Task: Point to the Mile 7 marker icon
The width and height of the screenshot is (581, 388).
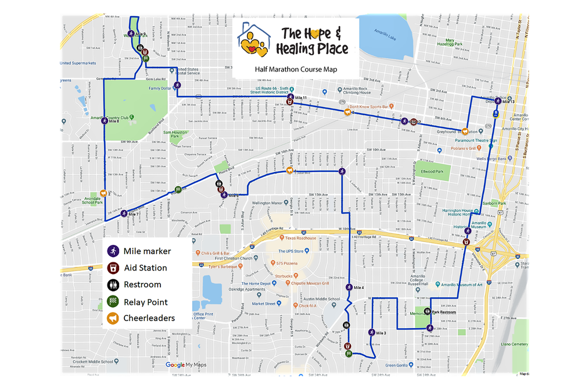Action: tap(124, 213)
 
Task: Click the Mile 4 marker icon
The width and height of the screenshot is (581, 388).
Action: tap(349, 287)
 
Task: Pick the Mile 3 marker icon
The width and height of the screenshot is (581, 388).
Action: tap(371, 332)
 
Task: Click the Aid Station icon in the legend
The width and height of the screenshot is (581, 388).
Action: tap(113, 268)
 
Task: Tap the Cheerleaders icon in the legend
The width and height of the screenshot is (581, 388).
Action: tap(113, 318)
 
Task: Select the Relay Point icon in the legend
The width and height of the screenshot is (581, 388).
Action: tap(113, 302)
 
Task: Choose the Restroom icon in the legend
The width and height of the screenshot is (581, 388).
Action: tap(113, 285)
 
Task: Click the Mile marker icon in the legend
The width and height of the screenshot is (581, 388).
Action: tap(113, 251)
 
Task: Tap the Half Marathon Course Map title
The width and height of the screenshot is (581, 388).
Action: tap(296, 69)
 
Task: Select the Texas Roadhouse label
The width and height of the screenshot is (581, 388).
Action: tap(300, 238)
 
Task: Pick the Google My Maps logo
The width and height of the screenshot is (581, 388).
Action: tap(186, 365)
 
